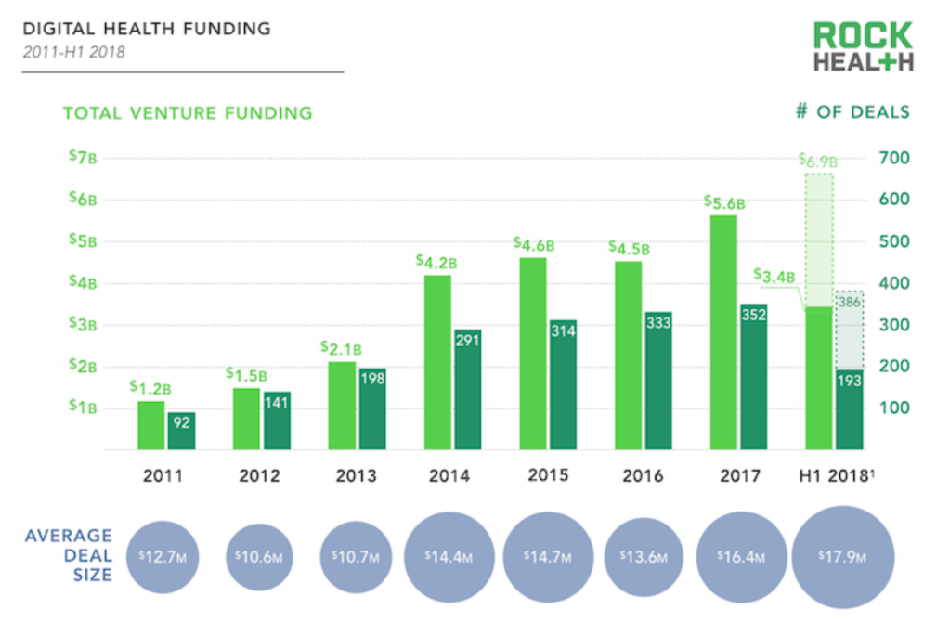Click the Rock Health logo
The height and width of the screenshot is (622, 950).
863,46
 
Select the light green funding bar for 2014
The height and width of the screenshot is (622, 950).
437,362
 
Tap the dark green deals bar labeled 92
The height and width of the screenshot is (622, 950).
181,431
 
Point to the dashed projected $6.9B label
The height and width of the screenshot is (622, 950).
818,160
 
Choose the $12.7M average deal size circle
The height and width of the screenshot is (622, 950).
162,556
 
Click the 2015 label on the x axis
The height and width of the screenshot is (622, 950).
548,475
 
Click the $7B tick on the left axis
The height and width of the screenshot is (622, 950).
83,158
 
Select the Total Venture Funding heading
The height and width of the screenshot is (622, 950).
188,113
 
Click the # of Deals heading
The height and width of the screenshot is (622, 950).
852,112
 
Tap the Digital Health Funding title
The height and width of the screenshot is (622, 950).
147,29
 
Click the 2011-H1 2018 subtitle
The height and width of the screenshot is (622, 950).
74,51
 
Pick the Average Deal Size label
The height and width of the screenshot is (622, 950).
69,555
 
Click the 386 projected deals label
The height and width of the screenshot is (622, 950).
848,302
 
